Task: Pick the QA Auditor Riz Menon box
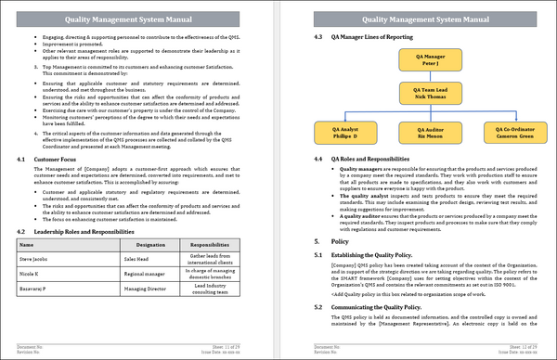[x=423, y=135]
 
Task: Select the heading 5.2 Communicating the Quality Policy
[x=375, y=306]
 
